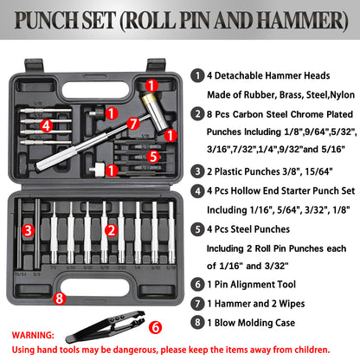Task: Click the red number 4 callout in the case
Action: (x=47, y=125)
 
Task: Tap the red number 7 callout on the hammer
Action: (x=133, y=124)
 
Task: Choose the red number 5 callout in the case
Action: (x=152, y=157)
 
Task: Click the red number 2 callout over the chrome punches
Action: (x=111, y=229)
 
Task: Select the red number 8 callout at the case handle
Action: (x=59, y=299)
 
